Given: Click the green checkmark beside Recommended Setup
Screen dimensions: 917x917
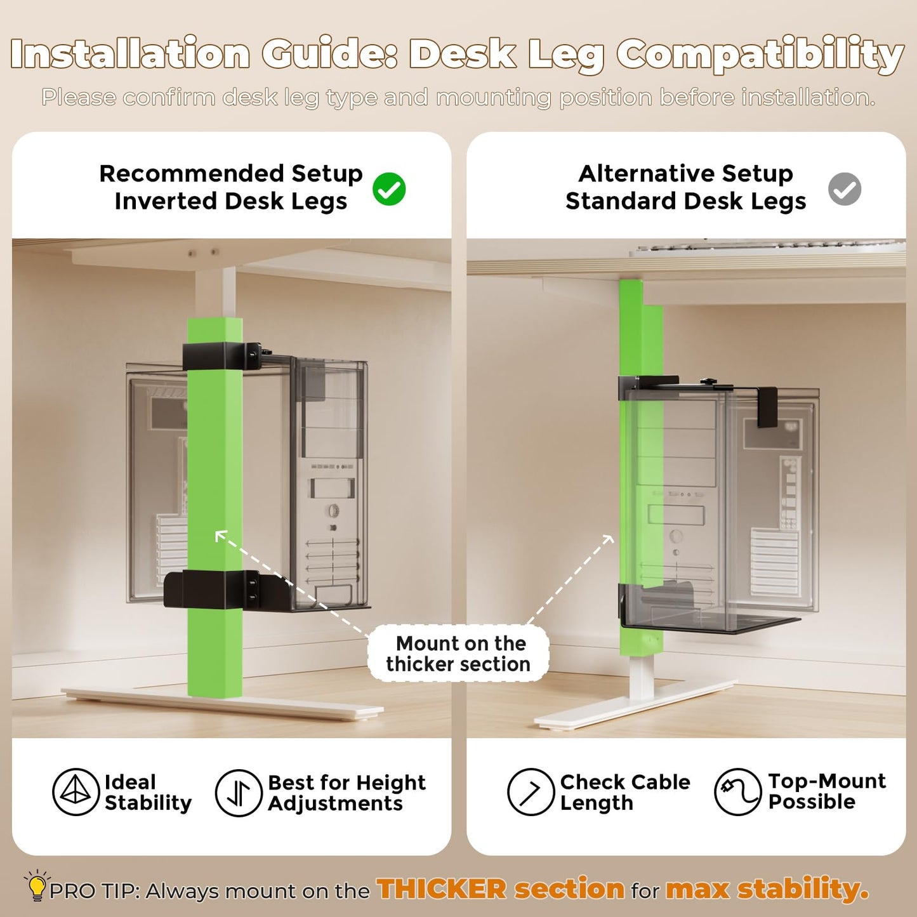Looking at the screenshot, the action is pos(389,189).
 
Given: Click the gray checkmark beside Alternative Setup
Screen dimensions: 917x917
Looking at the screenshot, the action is pos(844,189).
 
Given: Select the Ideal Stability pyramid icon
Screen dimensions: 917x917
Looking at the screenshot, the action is pos(76,792).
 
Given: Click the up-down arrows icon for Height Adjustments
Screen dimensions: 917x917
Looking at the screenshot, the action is pos(239,793).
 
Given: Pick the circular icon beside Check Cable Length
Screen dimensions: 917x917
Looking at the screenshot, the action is pos(531,792).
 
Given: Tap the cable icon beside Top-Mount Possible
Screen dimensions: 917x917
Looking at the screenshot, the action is pos(737,792).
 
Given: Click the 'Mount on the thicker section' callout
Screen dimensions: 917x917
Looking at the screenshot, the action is pos(458,654).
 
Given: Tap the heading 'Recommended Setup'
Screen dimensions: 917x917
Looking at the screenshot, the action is pos(231,173).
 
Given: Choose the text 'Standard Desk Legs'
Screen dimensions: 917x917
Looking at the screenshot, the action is pos(686,201).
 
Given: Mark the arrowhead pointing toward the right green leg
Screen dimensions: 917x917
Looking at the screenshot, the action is pos(609,540).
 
